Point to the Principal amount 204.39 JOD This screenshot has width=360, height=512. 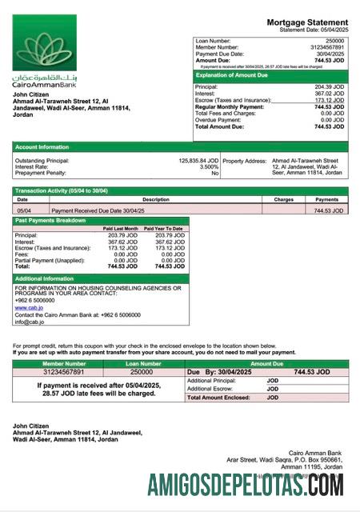330,86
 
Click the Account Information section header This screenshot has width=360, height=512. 42,147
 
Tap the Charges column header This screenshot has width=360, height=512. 284,199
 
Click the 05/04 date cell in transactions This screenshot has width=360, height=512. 24,210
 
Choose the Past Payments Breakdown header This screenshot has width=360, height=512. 51,220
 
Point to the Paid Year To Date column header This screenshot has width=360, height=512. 163,229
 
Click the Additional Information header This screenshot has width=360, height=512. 46,278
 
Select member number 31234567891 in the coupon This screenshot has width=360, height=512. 52,372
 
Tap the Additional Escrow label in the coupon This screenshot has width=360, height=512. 210,389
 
